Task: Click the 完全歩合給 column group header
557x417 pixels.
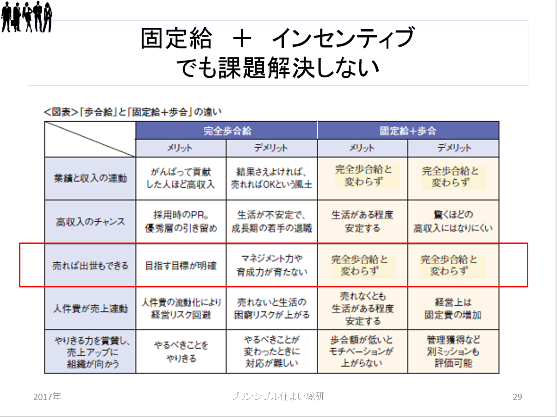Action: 227,131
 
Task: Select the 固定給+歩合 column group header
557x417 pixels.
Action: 408,131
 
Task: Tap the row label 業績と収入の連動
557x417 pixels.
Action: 90,178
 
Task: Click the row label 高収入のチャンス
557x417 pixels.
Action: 90,222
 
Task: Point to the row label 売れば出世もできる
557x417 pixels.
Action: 90,266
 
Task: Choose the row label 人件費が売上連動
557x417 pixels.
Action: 90,309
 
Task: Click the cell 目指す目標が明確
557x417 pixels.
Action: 181,266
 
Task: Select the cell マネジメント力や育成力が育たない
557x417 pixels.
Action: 271,265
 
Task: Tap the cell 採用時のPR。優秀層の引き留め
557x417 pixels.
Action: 181,222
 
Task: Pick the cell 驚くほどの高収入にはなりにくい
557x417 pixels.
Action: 453,222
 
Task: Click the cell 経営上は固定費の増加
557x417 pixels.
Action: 453,309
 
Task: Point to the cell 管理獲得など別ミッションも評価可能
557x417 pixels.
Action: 453,352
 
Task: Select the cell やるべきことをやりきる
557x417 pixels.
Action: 181,352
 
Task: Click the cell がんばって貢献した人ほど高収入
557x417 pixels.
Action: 181,178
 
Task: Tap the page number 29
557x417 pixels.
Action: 517,397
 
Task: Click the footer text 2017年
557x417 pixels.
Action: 47,397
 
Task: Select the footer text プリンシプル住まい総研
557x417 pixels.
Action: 278,396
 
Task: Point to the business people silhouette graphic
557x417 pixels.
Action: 27,17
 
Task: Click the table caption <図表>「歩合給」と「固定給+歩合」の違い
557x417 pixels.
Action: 133,112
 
